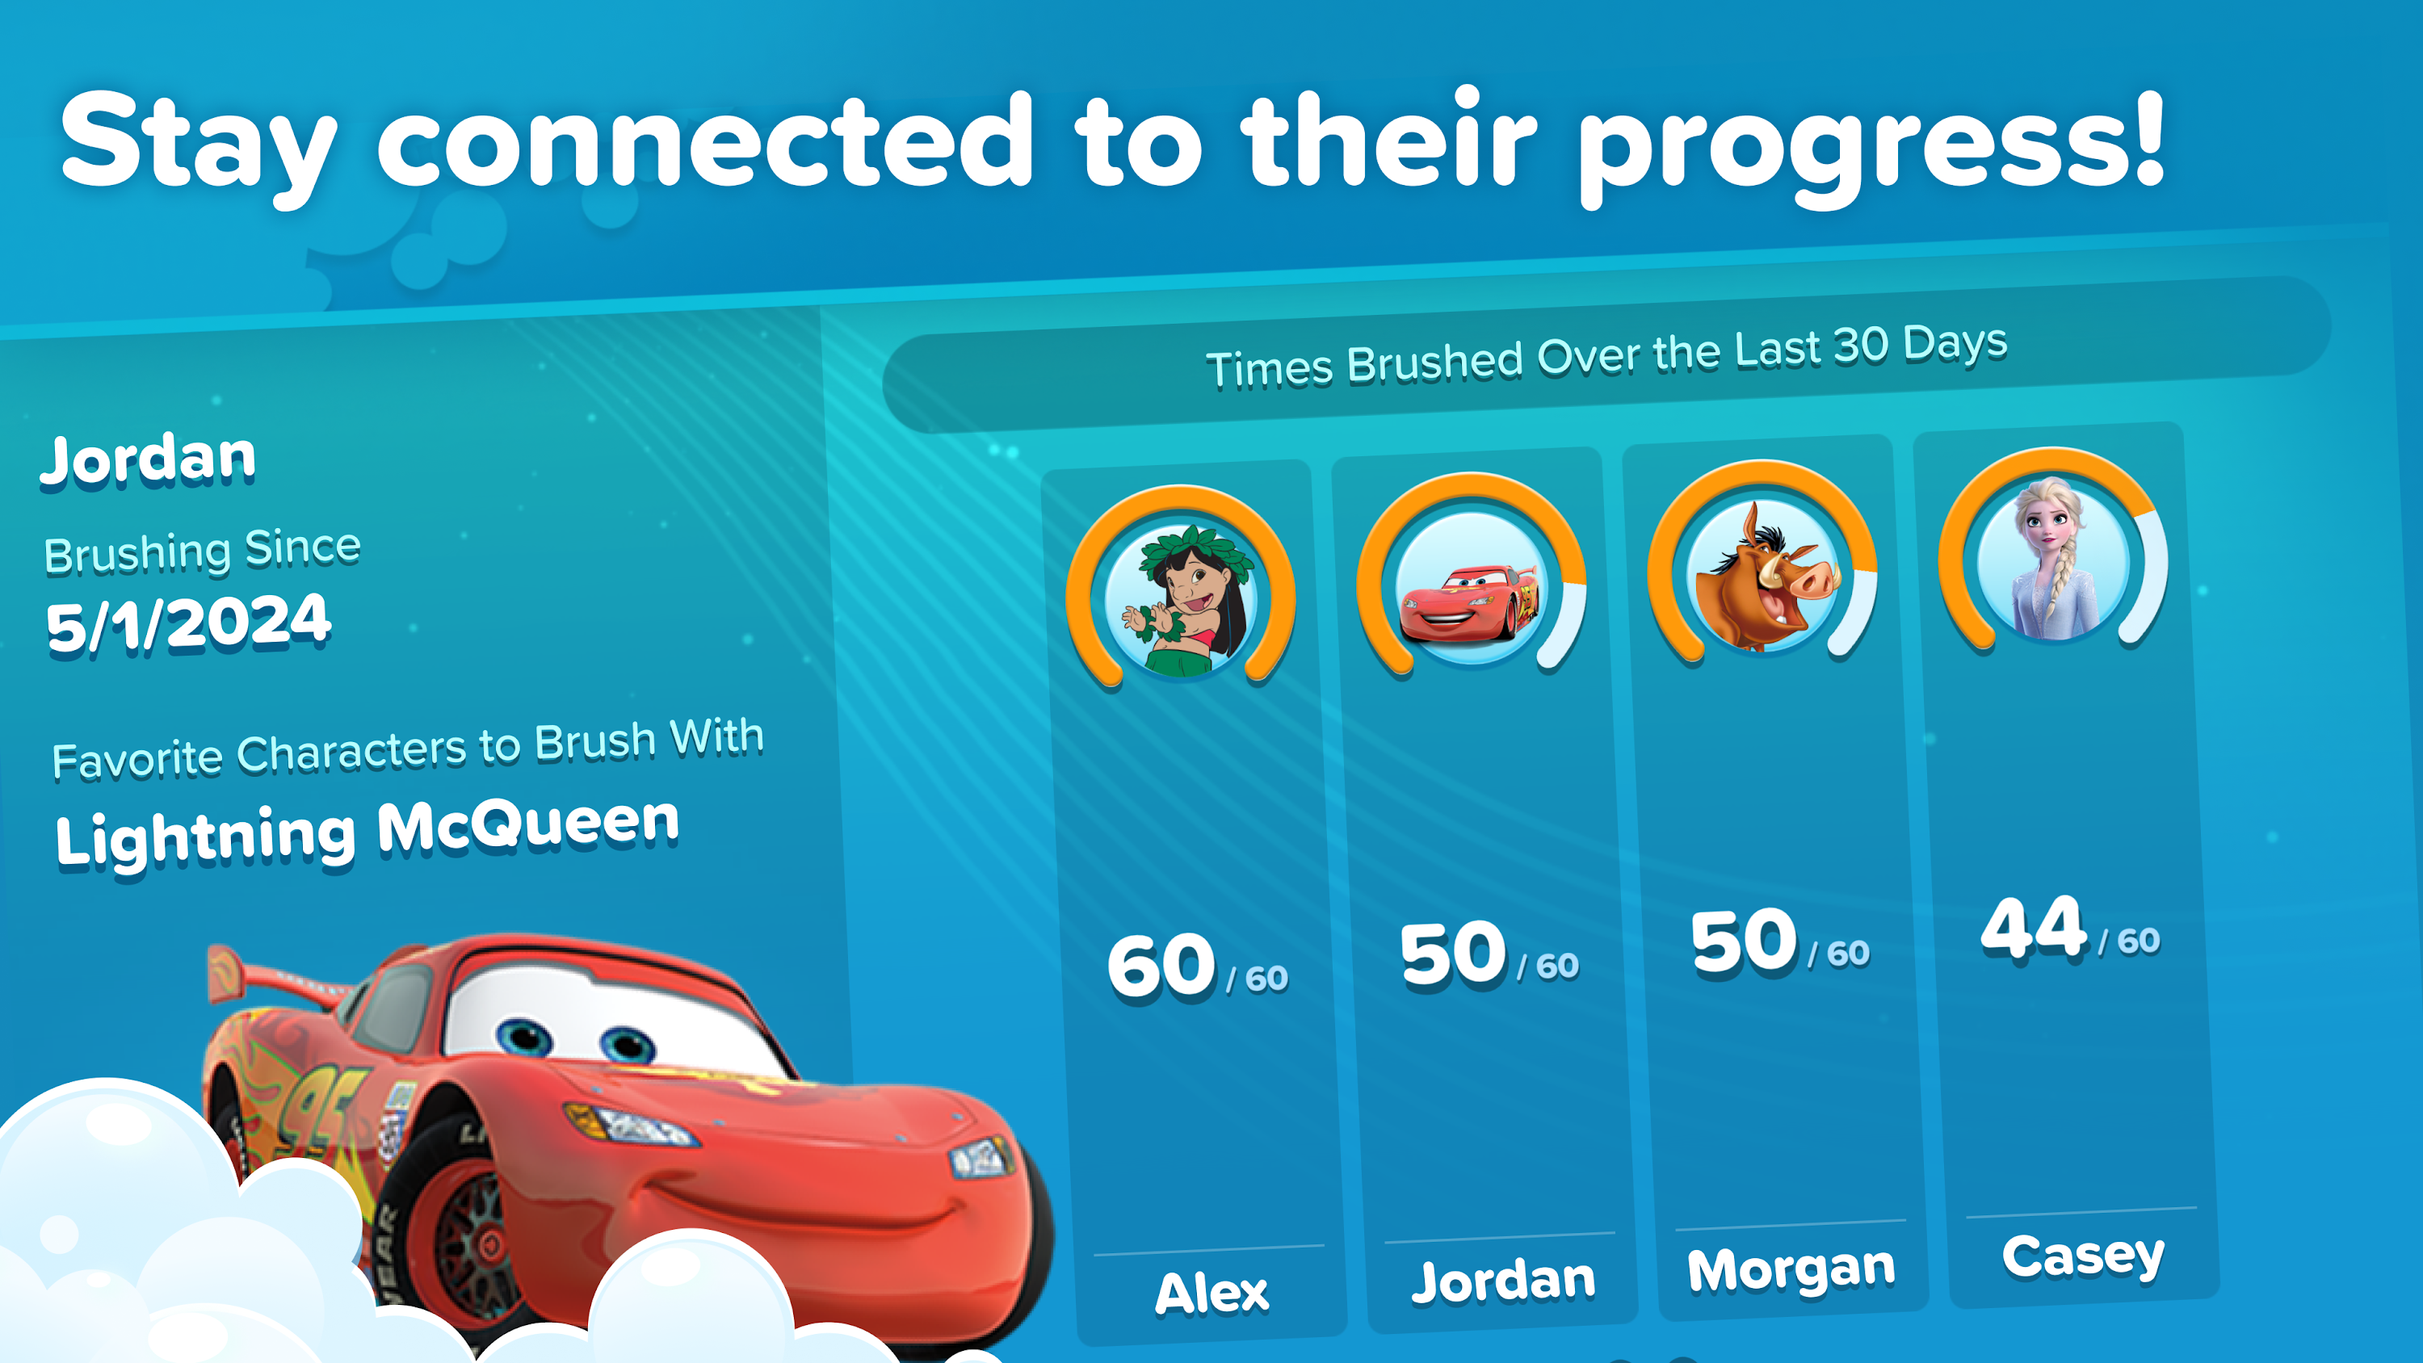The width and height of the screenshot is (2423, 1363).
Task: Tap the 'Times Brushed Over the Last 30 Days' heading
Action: coord(1606,355)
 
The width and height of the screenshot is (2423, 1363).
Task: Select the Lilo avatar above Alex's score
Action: coord(1181,600)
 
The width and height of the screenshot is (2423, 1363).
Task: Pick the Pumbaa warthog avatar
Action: coord(1762,576)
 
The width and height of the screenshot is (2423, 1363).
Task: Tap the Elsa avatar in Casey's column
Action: coord(2053,561)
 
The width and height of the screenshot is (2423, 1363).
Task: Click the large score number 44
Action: coord(2034,929)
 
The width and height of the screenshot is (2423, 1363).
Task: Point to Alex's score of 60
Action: coord(1161,966)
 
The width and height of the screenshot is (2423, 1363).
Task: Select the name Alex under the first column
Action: coord(1211,1293)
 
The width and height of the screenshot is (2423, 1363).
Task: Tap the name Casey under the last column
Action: coord(2084,1256)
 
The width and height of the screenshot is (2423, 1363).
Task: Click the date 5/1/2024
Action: coord(188,623)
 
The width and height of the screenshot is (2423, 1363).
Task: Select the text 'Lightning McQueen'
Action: coord(367,832)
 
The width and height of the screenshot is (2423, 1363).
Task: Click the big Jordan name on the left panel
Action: coord(148,459)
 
